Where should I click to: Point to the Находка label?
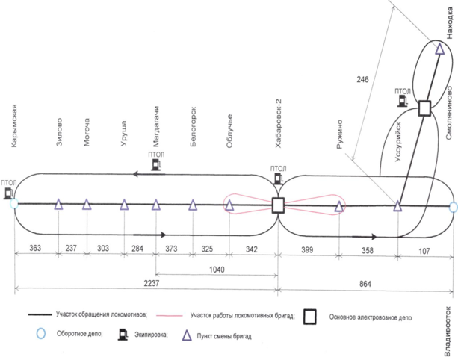coord(450,23)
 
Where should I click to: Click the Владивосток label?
coord(451,328)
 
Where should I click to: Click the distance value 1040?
coord(217,267)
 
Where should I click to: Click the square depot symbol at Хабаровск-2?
coord(278,205)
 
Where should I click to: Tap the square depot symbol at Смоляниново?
coord(424,108)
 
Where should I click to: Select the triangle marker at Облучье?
coord(229,205)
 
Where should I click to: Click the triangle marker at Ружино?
coord(338,205)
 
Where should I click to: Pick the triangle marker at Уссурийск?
coord(397,205)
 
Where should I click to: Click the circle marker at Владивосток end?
coord(453,207)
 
